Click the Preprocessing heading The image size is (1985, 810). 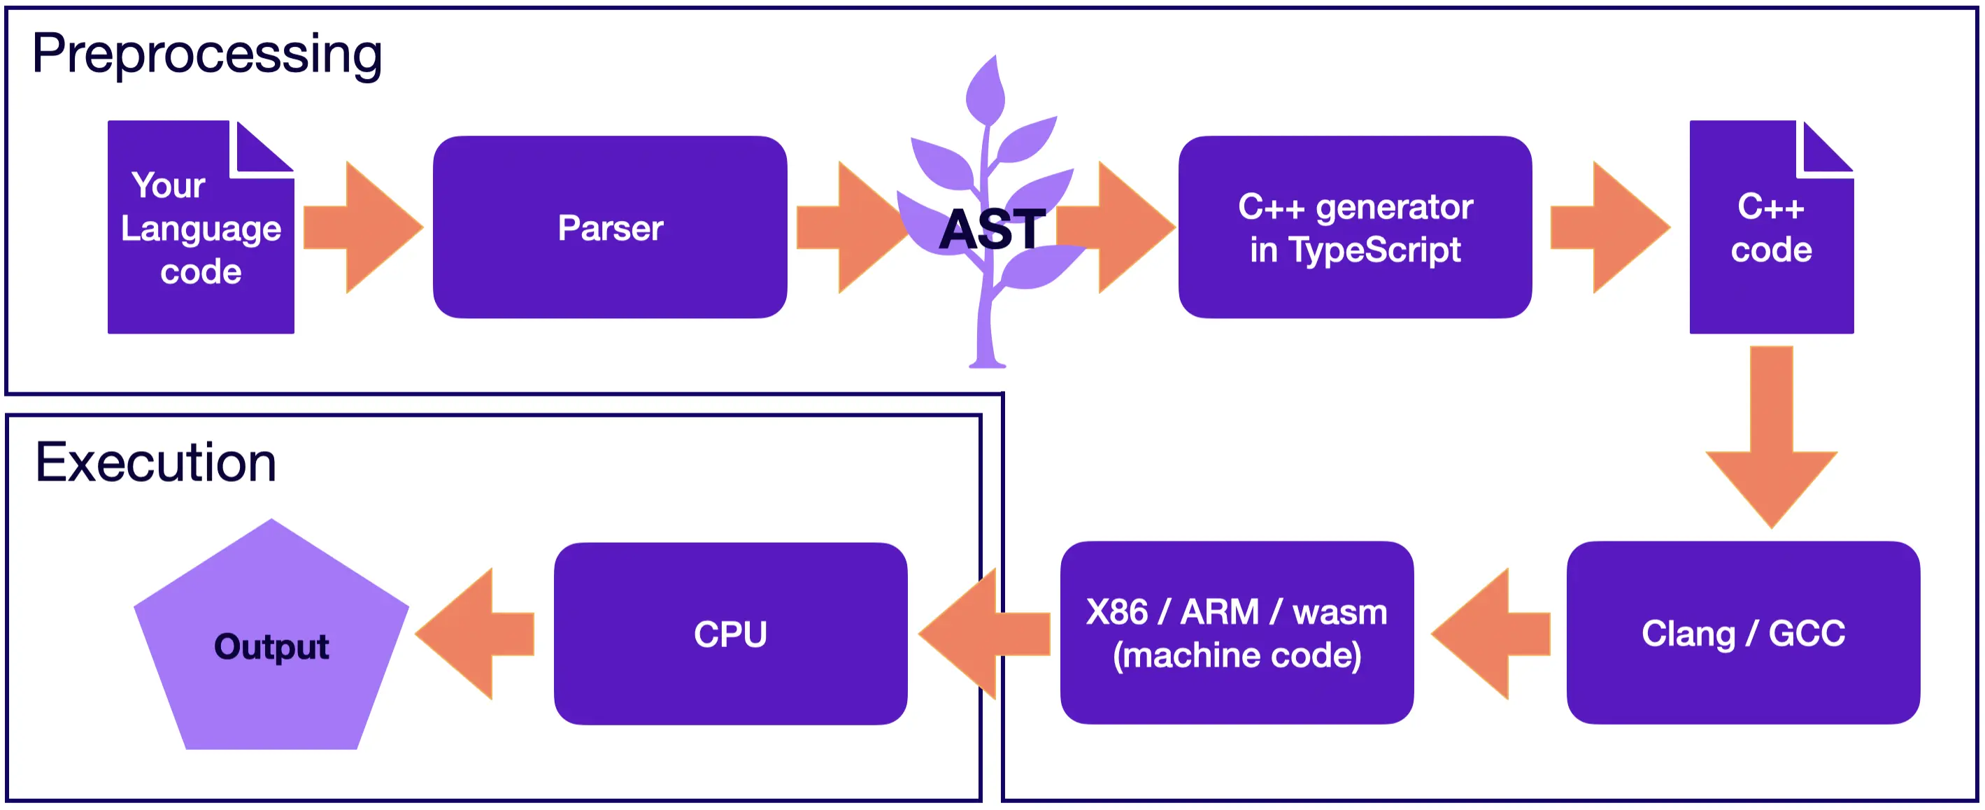coord(206,54)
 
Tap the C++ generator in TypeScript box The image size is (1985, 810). coord(1355,227)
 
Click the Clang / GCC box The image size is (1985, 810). coord(1743,633)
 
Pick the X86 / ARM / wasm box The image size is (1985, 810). coord(1236,633)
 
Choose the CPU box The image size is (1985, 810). coord(730,634)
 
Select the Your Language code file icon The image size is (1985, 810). coord(200,232)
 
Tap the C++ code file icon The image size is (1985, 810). coord(1771,232)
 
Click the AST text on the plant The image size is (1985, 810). coord(992,229)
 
